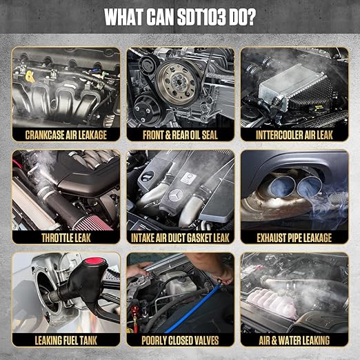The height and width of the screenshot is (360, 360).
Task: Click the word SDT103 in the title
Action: (201, 17)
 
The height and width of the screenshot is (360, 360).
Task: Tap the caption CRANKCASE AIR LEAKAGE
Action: (66, 135)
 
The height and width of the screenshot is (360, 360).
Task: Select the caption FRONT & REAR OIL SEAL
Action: (180, 135)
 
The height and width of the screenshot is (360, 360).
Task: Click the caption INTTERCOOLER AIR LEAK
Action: (294, 135)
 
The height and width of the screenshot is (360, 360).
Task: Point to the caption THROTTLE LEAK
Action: (66, 238)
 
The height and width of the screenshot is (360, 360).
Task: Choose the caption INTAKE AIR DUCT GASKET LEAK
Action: (180, 238)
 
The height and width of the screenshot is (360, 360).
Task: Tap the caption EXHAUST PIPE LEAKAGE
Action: (294, 238)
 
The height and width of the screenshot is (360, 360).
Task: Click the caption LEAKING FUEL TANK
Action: (66, 341)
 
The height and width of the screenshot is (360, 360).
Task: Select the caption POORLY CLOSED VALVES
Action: (180, 341)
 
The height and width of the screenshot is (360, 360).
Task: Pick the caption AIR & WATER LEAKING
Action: (294, 341)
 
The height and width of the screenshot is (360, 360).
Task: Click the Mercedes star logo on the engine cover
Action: (176, 195)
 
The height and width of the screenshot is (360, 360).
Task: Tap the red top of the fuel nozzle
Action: (94, 261)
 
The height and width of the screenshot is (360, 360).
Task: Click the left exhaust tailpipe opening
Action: (283, 186)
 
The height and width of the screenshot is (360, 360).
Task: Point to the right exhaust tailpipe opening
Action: (309, 186)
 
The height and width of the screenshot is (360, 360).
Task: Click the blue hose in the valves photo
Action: (192, 308)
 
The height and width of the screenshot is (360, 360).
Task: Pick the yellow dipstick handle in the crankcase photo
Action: (30, 77)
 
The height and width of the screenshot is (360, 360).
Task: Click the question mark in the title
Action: (250, 17)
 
